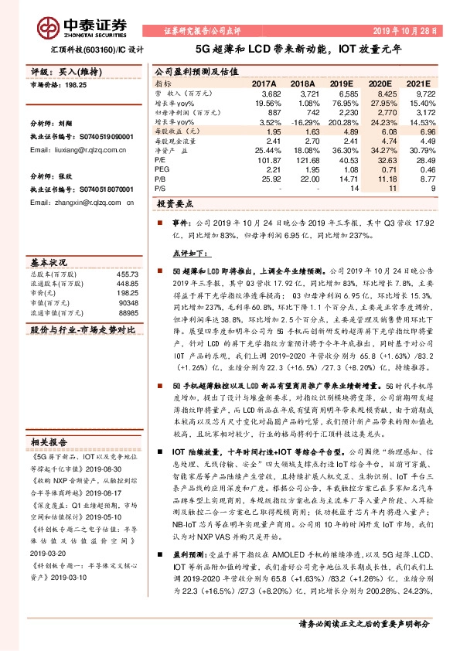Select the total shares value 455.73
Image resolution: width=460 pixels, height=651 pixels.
128,274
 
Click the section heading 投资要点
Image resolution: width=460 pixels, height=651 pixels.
174,205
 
